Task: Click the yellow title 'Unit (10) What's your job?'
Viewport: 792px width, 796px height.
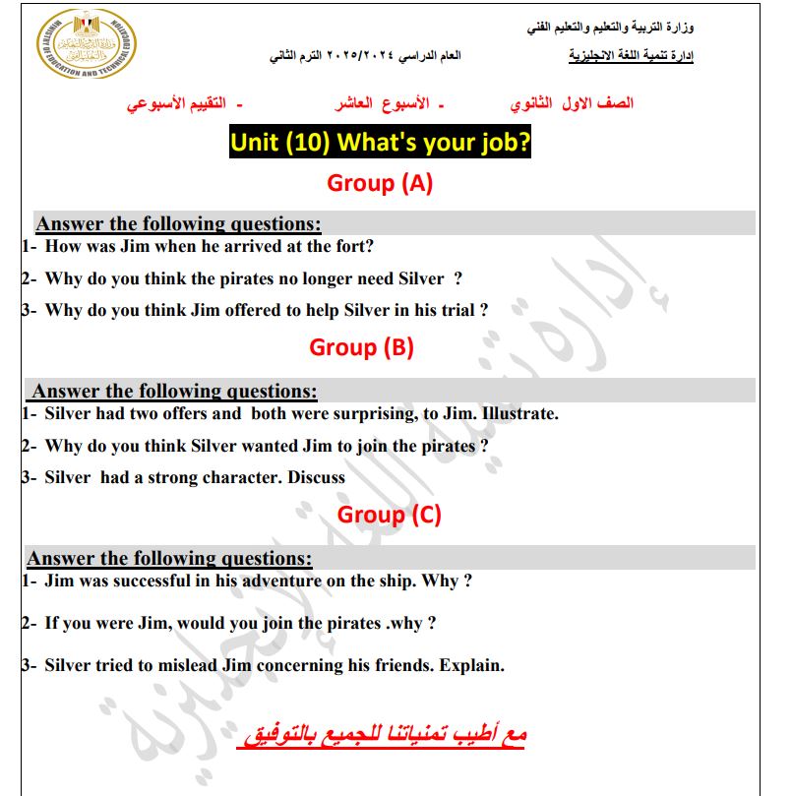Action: pyautogui.click(x=380, y=143)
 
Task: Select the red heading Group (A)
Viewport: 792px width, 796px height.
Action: pyautogui.click(x=380, y=183)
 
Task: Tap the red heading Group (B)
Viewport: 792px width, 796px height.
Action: pyautogui.click(x=361, y=347)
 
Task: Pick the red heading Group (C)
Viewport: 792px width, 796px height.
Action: pyautogui.click(x=389, y=515)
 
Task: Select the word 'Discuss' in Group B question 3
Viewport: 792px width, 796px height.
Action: pyautogui.click(x=316, y=478)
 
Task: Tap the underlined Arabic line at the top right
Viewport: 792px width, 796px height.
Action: pyautogui.click(x=631, y=56)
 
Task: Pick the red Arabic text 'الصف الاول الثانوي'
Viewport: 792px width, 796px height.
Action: pyautogui.click(x=572, y=103)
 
